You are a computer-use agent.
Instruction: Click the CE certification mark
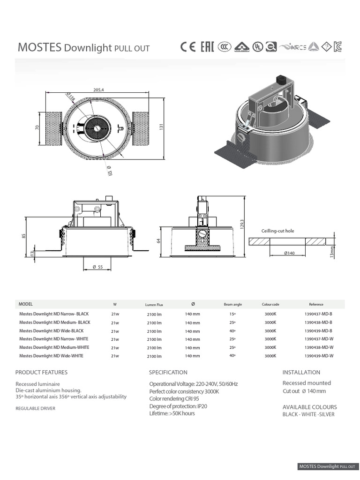(x=188, y=47)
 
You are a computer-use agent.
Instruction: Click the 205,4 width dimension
(x=98, y=90)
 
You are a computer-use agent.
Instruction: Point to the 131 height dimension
(x=161, y=127)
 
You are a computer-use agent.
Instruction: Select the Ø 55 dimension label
(x=97, y=267)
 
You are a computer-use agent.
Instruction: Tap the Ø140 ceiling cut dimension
(x=289, y=253)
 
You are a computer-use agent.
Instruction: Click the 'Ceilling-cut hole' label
(x=277, y=231)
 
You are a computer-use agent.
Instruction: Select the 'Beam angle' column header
(x=232, y=304)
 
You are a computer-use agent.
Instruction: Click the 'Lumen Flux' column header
(x=154, y=305)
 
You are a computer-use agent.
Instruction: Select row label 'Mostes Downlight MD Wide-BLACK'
(x=51, y=331)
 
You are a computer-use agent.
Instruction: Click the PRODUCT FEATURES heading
(x=41, y=372)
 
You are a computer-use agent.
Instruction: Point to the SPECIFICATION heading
(x=168, y=372)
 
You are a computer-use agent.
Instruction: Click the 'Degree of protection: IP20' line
(x=178, y=406)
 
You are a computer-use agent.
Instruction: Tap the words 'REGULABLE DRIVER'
(x=35, y=408)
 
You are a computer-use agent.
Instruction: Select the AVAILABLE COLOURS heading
(x=309, y=407)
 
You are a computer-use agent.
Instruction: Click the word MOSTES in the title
(x=39, y=47)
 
